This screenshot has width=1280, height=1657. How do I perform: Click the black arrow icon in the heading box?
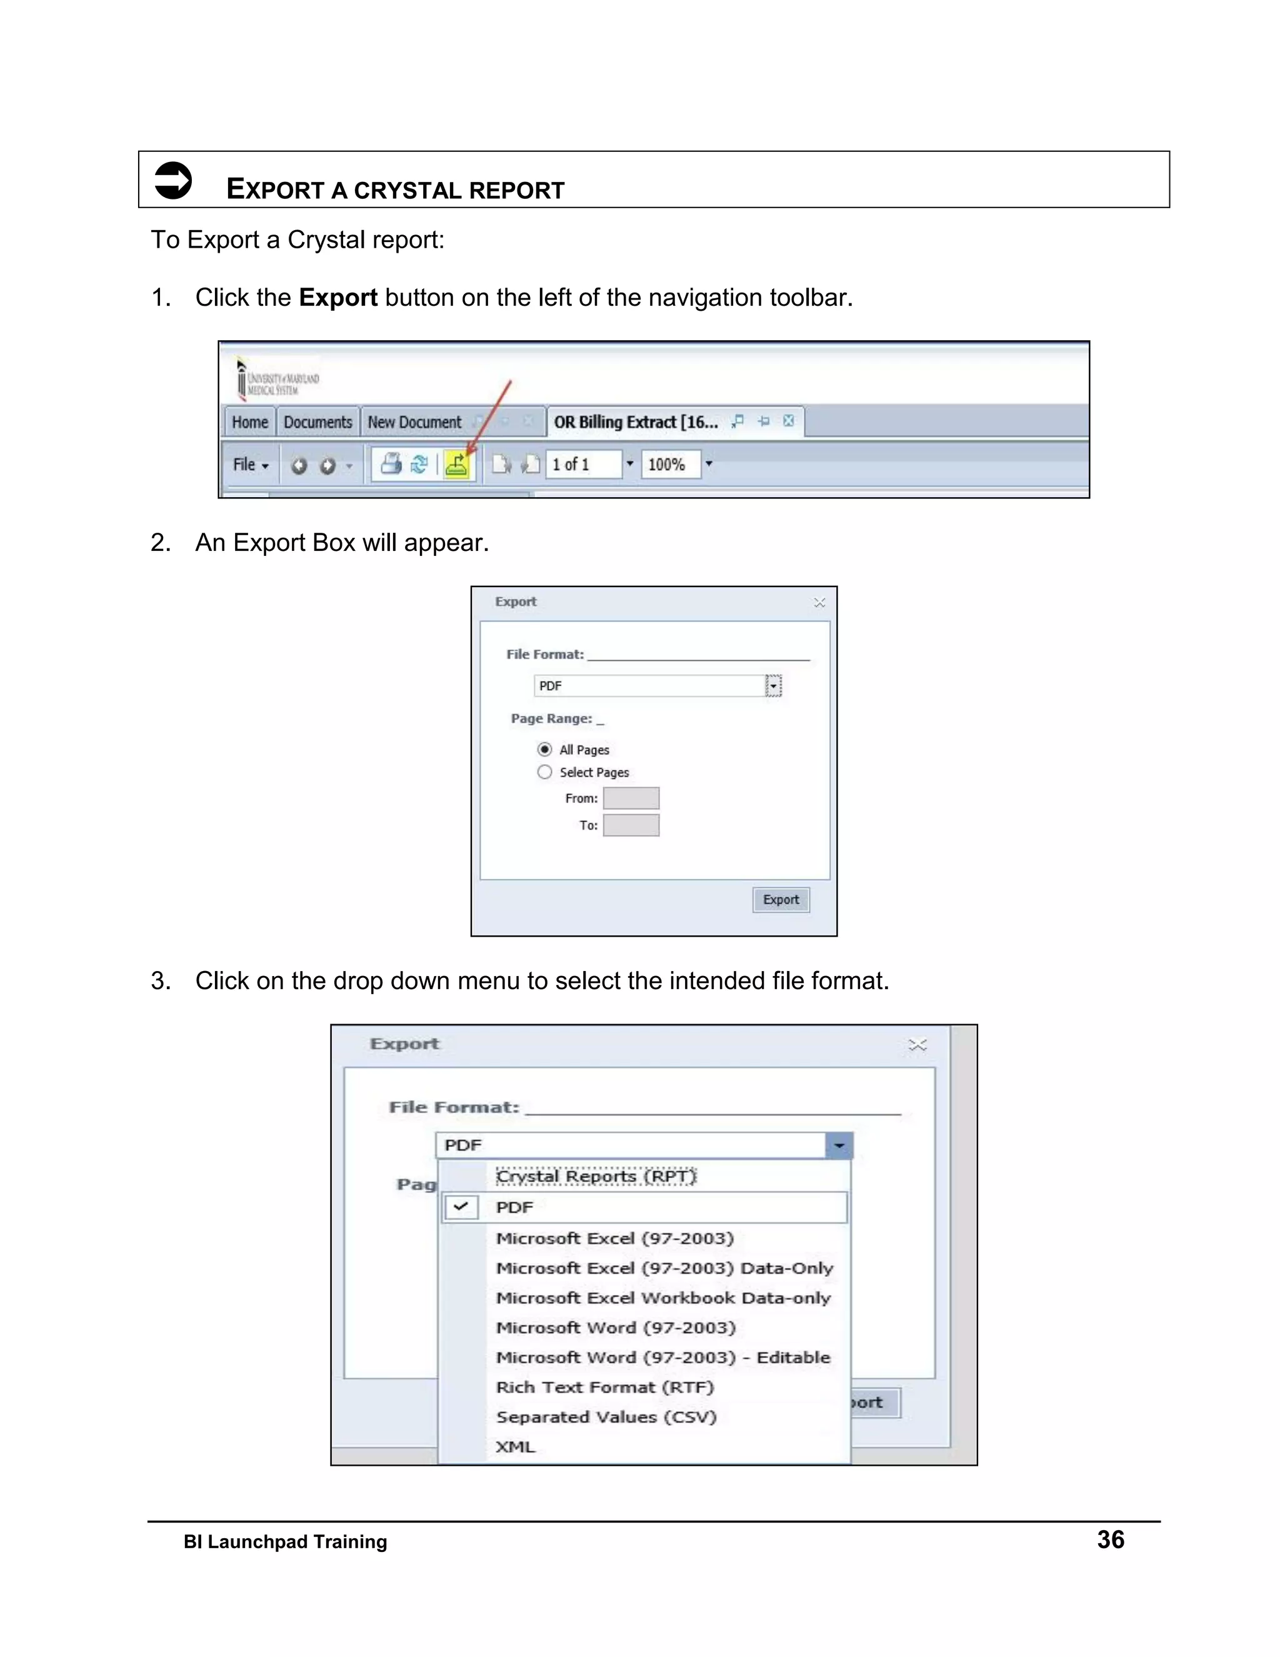(173, 181)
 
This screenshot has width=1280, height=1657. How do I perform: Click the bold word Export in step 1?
(337, 298)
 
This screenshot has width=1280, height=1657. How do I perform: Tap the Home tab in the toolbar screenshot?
(249, 422)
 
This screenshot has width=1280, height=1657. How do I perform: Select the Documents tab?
(317, 422)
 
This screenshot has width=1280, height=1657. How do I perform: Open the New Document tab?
(414, 422)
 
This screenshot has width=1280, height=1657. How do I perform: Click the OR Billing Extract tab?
(636, 422)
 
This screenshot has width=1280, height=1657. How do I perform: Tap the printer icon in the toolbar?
(391, 463)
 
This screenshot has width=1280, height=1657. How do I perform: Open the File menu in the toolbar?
(249, 465)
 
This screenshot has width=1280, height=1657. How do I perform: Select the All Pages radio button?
(544, 750)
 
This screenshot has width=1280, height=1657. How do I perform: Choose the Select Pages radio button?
(544, 772)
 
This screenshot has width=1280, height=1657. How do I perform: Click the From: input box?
(631, 798)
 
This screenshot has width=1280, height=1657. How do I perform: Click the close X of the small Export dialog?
(819, 602)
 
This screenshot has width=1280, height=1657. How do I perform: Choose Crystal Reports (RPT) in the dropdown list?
(596, 1176)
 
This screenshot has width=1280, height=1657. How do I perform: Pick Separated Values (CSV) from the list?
(606, 1416)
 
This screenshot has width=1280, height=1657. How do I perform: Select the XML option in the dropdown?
(516, 1446)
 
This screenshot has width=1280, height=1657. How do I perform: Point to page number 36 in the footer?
(1110, 1539)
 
